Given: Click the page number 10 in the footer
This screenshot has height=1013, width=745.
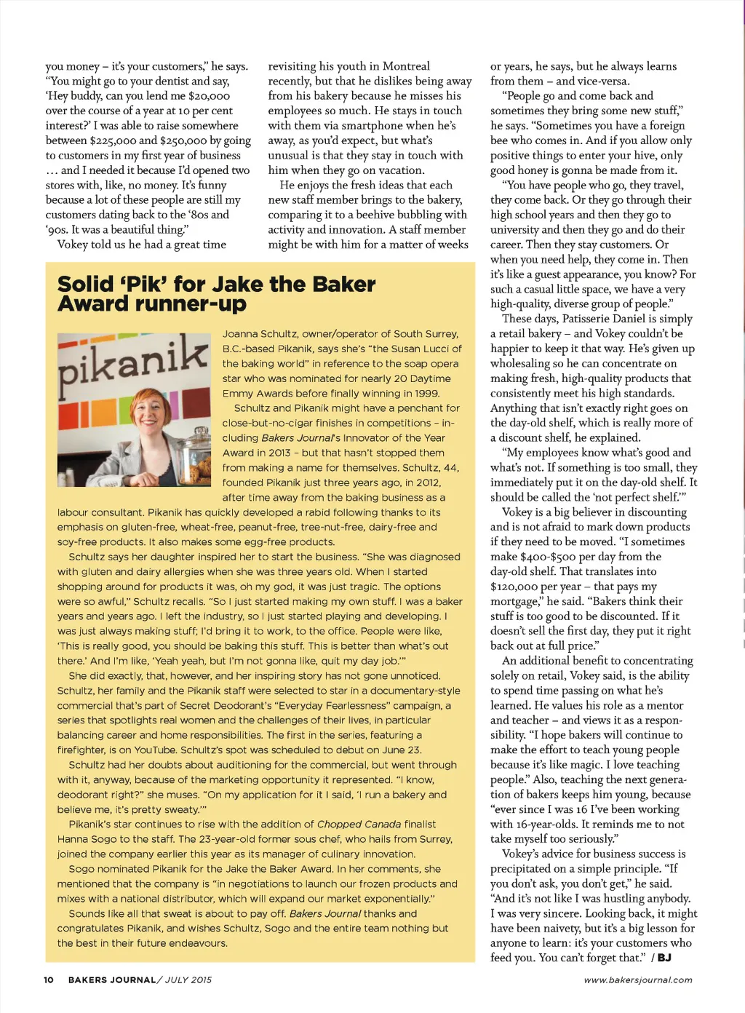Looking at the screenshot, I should coord(49,980).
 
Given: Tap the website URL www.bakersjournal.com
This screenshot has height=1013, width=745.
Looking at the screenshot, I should coord(638,980).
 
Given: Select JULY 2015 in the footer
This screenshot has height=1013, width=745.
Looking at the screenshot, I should coord(188,980).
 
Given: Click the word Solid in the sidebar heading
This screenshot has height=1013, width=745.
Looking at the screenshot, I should coord(86,284).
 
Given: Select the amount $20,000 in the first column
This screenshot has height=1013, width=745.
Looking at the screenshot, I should coord(209,96).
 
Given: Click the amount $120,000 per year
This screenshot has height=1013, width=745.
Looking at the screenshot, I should coord(515,587).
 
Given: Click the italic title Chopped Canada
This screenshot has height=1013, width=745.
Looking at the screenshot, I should coord(359,825).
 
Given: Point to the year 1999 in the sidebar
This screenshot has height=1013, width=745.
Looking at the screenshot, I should coord(427,393).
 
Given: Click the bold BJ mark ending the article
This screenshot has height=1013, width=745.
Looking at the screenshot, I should coord(664,958).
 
